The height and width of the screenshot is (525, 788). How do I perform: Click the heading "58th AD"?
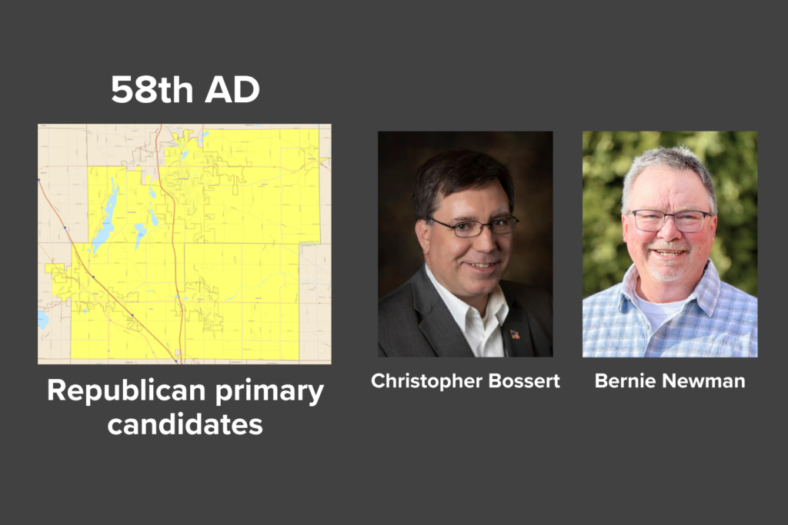pyautogui.click(x=185, y=90)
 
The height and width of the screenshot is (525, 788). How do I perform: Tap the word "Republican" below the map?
pyautogui.click(x=127, y=390)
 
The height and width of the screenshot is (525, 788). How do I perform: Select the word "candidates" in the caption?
pyautogui.click(x=185, y=424)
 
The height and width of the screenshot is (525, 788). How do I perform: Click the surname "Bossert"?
pyautogui.click(x=524, y=381)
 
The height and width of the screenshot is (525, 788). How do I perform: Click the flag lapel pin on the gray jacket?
pyautogui.click(x=515, y=334)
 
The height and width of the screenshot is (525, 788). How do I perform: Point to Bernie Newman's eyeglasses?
pyautogui.click(x=671, y=221)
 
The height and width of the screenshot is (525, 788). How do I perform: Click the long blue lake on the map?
pyautogui.click(x=106, y=216)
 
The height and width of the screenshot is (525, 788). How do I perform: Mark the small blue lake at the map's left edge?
pyautogui.click(x=43, y=320)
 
